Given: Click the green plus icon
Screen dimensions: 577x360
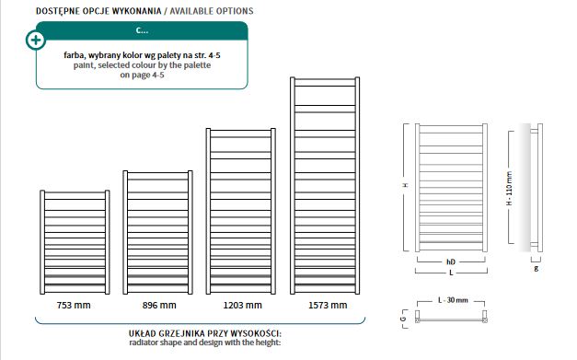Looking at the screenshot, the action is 36,40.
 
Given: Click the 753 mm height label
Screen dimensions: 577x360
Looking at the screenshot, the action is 74,305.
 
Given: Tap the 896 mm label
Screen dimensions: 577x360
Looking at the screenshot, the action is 159,305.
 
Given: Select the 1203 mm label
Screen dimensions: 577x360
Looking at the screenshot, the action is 243,305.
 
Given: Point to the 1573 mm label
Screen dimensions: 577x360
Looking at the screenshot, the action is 328,305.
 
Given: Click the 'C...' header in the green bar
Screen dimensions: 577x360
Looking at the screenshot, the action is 142,30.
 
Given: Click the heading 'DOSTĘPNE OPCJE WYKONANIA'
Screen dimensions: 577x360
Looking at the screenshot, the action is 98,11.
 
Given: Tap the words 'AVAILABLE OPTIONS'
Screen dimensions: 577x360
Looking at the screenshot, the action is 212,11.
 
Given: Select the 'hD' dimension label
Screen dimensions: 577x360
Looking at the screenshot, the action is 451,261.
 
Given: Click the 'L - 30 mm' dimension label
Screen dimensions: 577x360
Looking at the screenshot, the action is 453,300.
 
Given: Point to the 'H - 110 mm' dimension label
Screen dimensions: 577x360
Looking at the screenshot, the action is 509,188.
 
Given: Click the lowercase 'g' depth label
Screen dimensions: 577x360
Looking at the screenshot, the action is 537,268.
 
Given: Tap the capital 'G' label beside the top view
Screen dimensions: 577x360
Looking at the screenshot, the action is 404,319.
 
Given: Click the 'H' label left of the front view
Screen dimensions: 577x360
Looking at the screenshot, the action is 406,185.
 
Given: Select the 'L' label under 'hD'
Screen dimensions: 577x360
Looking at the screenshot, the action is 451,273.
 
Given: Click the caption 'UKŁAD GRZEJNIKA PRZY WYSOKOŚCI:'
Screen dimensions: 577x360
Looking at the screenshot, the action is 205,333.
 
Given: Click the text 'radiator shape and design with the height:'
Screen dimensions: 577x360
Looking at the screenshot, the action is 205,343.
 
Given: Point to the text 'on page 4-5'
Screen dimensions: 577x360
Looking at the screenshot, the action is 142,75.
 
